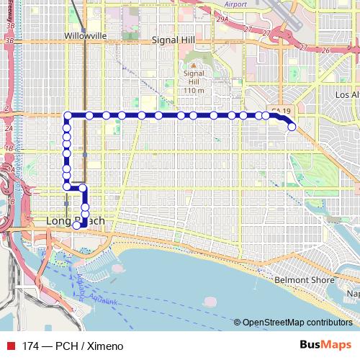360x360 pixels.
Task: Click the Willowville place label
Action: (x=85, y=35)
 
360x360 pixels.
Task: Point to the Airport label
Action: (x=235, y=4)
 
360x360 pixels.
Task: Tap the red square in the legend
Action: (x=10, y=346)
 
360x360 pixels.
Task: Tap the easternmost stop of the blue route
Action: (x=292, y=127)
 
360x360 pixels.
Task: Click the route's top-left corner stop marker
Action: (x=67, y=115)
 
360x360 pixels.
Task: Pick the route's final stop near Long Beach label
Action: (x=77, y=225)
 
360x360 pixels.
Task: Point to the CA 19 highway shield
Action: (x=281, y=111)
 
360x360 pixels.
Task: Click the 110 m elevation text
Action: (x=194, y=89)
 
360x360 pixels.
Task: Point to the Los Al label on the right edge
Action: (x=347, y=94)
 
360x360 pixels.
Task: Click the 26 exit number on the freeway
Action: (x=325, y=50)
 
